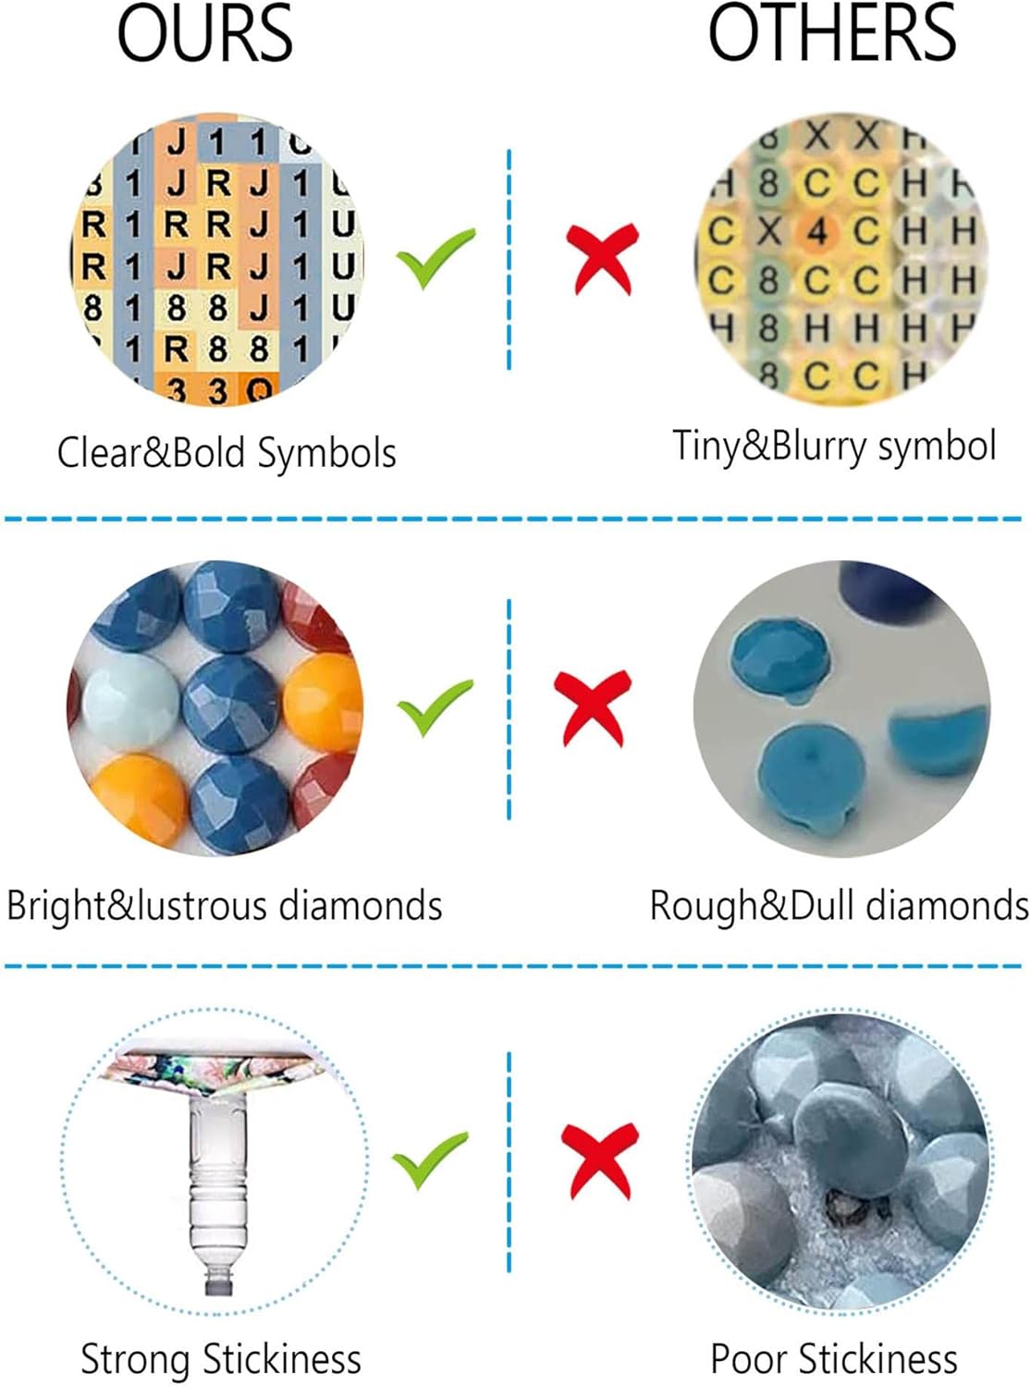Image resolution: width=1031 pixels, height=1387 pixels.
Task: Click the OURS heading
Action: click(204, 34)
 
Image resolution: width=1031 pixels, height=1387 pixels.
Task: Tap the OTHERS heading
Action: click(831, 34)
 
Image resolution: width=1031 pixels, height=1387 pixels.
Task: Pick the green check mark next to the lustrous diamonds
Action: click(435, 706)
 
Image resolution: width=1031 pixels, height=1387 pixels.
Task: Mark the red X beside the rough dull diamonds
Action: click(593, 707)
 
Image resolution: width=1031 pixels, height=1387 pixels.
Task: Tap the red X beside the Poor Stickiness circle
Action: click(599, 1160)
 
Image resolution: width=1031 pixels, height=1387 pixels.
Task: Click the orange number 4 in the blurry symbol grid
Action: click(816, 231)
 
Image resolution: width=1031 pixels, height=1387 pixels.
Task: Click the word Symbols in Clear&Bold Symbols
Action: click(326, 453)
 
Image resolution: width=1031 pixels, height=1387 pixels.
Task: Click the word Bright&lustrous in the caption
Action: click(139, 905)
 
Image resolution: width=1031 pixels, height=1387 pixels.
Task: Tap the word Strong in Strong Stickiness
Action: click(137, 1359)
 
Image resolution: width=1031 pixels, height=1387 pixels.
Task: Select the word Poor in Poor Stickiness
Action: click(749, 1359)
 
